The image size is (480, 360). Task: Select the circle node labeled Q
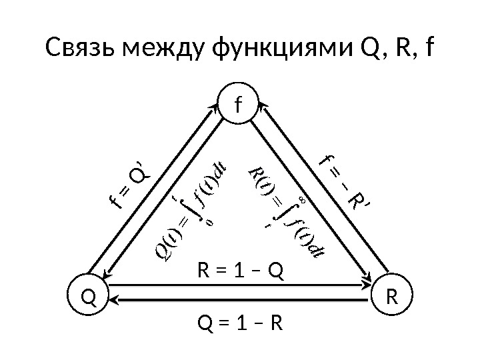click(88, 295)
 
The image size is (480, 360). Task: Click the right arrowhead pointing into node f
click(261, 106)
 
